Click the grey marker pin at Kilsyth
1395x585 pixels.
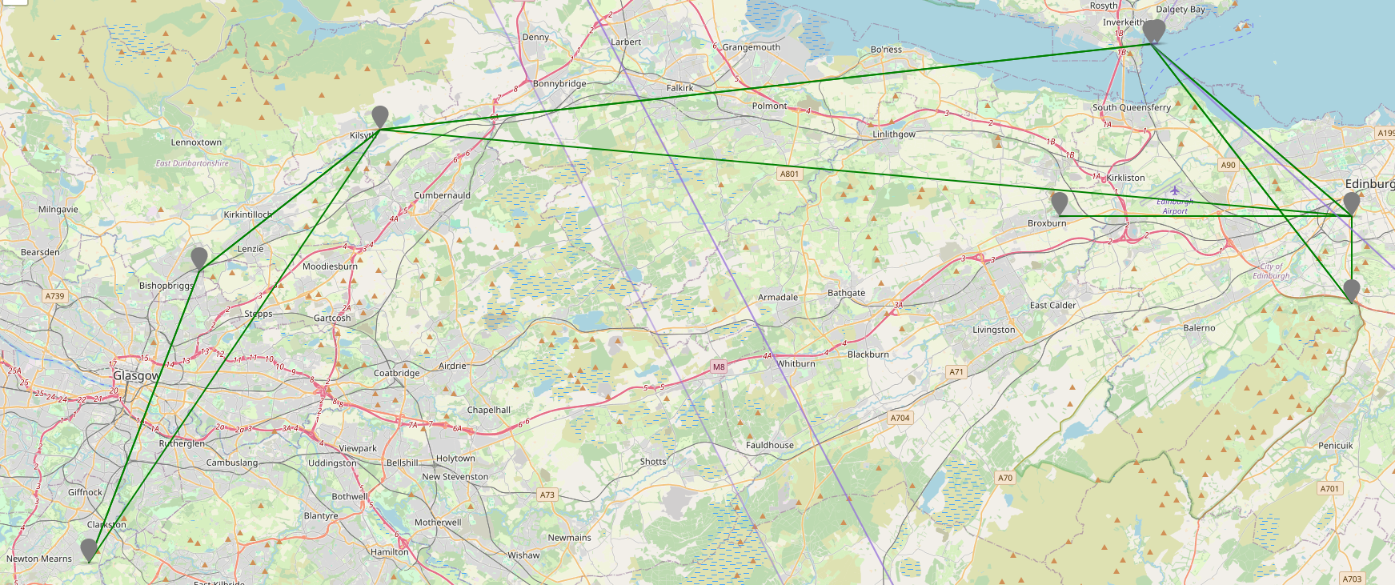point(380,117)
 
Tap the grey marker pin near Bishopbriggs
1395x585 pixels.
point(199,258)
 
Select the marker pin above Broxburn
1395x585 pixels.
point(1059,203)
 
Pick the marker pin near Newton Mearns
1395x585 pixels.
point(89,550)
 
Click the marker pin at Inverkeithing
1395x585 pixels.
point(1152,31)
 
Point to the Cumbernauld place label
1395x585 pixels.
point(442,195)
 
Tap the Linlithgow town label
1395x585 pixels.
point(893,134)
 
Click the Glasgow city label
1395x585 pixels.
point(136,375)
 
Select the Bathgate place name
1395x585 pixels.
point(846,293)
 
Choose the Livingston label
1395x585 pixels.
point(993,330)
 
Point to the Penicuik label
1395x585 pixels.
point(1335,446)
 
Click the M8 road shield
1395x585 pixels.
point(719,367)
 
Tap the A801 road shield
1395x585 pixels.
point(789,174)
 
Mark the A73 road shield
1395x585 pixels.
point(547,495)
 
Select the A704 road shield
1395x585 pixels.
point(900,418)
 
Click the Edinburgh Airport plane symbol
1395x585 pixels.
point(1174,190)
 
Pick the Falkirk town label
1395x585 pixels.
point(679,88)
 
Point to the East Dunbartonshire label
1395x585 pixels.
point(192,163)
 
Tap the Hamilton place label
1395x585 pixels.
point(389,552)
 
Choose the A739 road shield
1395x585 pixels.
point(54,296)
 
